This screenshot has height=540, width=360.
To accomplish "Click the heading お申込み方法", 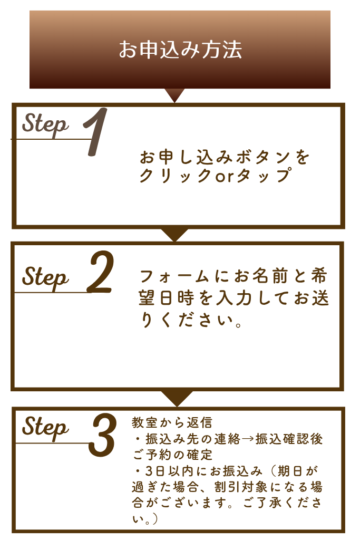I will tap(180, 50).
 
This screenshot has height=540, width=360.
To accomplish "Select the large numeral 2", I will tap(100, 273).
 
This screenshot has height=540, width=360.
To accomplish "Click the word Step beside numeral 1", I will tap(46, 124).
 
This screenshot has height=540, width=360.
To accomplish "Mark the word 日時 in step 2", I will tap(176, 299).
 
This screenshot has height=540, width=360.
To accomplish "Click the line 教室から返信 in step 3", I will tap(171, 423).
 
